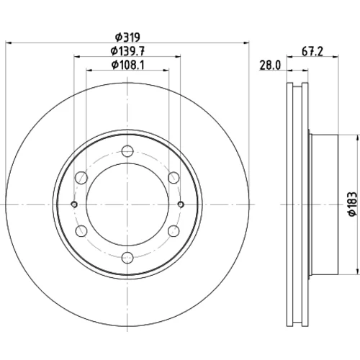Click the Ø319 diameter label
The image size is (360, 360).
click(127, 37)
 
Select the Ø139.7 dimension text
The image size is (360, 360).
click(127, 51)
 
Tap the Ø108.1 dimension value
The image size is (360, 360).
click(127, 65)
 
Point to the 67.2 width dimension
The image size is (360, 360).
click(312, 51)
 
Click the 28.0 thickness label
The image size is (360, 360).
click(270, 66)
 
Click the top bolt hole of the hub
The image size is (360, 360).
click(127, 151)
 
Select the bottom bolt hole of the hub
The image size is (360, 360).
click(127, 258)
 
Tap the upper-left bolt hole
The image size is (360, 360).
click(81, 178)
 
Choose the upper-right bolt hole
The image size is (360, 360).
click(174, 178)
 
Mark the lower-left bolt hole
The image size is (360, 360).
click(81, 231)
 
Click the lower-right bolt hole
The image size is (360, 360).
click(174, 231)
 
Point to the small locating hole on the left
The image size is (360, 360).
click(74, 204)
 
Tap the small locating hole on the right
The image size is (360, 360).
click(181, 204)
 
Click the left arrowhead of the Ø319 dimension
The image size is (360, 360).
click(8, 42)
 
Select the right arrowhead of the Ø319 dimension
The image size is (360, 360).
click(246, 42)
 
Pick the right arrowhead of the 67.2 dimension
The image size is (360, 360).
click(336, 57)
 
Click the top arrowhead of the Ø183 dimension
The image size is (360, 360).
click(358, 138)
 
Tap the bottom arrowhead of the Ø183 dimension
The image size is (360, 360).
click(358, 271)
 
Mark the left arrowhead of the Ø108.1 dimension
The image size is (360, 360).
click(89, 71)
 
